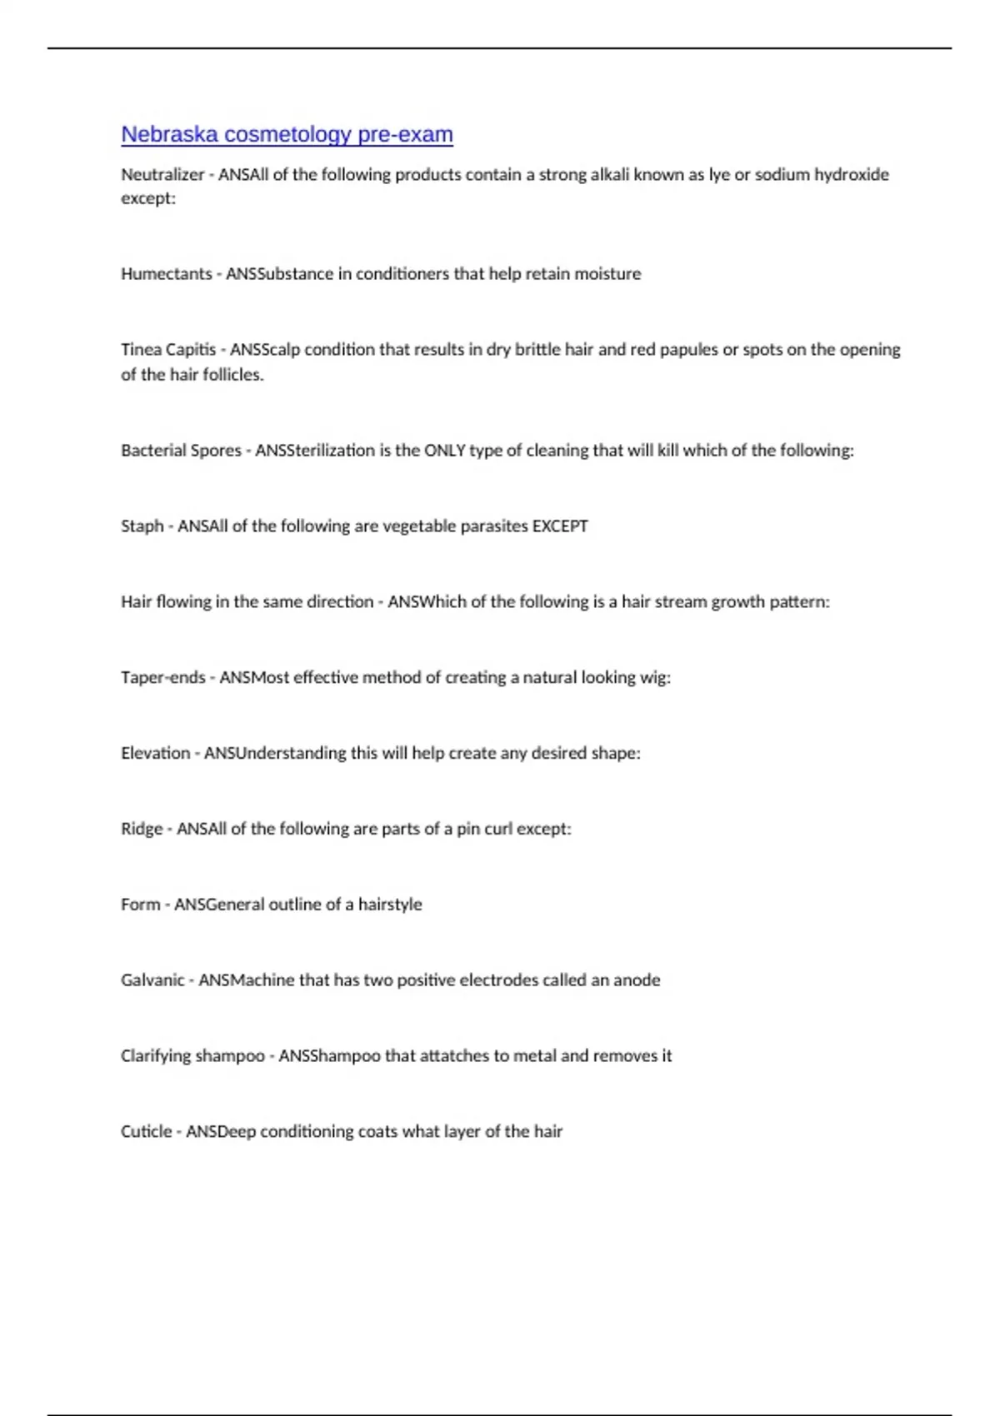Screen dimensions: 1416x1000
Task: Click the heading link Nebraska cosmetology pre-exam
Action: [x=287, y=134]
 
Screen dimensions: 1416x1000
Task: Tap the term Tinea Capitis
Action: [x=168, y=350]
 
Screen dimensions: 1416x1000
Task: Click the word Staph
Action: [x=142, y=526]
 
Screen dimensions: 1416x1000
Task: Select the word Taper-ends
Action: [x=163, y=678]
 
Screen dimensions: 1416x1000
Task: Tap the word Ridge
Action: [x=142, y=829]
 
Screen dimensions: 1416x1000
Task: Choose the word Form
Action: [x=141, y=905]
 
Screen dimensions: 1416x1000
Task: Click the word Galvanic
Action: [x=152, y=980]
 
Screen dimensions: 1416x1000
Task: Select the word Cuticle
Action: [x=146, y=1132]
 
